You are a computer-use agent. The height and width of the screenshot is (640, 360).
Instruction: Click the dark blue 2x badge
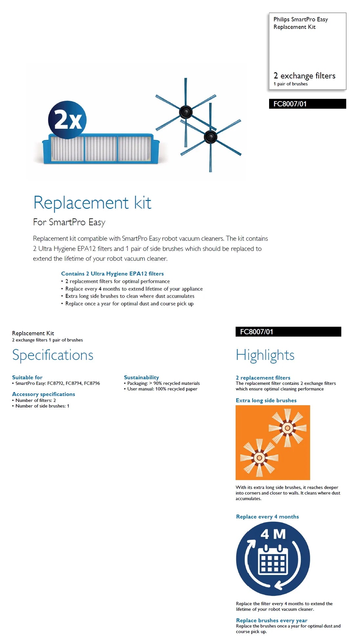(67, 120)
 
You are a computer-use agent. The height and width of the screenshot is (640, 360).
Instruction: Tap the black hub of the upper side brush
(185, 112)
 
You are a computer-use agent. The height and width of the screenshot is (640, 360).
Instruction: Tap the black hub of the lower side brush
(210, 137)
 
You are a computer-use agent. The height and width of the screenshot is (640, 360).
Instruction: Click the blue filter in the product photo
(101, 149)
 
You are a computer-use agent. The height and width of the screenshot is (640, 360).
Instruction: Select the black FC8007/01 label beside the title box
(307, 104)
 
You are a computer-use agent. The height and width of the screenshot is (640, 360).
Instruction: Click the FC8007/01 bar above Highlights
(288, 332)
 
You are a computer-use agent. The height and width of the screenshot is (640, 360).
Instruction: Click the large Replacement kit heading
(92, 203)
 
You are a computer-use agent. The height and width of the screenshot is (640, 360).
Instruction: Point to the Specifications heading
(53, 355)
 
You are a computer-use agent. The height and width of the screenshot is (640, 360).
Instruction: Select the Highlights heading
(265, 355)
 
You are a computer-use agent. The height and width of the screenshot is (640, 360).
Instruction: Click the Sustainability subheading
(141, 377)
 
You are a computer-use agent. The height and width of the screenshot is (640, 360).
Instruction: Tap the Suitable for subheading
(27, 377)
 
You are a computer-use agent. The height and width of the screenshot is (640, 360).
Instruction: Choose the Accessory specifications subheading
(43, 394)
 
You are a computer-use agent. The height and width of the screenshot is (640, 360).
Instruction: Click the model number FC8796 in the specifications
(92, 383)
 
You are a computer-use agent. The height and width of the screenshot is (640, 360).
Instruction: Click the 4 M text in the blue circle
(273, 534)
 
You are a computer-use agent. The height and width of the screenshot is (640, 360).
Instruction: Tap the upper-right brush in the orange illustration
(287, 428)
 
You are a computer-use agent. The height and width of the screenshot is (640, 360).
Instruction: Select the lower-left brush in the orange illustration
(259, 457)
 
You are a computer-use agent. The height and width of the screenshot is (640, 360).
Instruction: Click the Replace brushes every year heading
(271, 620)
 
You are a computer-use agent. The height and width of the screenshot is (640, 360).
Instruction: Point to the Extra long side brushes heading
(266, 400)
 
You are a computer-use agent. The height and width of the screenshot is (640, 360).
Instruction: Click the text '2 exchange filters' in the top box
(304, 76)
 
